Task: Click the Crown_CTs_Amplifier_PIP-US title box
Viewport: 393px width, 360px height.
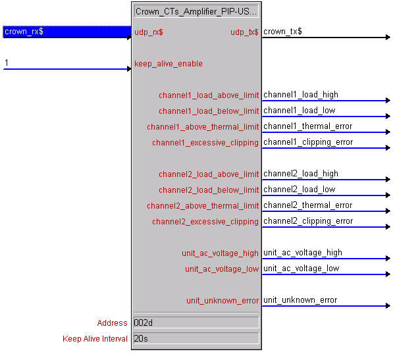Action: point(196,11)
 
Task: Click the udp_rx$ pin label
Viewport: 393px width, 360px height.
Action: point(149,32)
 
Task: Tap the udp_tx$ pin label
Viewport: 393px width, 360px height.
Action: point(244,32)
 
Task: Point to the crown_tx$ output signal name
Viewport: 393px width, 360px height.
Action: point(282,32)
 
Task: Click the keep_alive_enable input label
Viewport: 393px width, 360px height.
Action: point(169,64)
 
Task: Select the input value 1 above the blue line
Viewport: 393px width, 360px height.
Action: point(7,63)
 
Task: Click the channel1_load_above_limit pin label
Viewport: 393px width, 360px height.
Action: point(209,95)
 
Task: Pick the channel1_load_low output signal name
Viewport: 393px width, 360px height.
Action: point(300,111)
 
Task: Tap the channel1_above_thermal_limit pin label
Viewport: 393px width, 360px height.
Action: point(203,127)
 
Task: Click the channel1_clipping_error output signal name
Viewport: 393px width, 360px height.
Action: point(308,142)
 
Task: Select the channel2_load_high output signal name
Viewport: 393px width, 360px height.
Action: point(301,174)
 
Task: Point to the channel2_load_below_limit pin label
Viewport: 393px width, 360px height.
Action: point(209,190)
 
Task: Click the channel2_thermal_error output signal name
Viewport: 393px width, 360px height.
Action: point(308,205)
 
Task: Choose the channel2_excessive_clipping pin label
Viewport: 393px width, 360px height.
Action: point(205,222)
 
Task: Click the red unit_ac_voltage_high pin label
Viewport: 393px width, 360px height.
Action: point(220,253)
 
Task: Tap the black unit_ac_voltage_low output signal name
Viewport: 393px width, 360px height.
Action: point(301,269)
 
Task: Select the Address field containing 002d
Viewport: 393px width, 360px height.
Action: point(196,322)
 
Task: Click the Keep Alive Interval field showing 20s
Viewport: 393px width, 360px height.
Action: point(196,338)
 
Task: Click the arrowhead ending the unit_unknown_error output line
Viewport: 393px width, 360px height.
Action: point(388,305)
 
